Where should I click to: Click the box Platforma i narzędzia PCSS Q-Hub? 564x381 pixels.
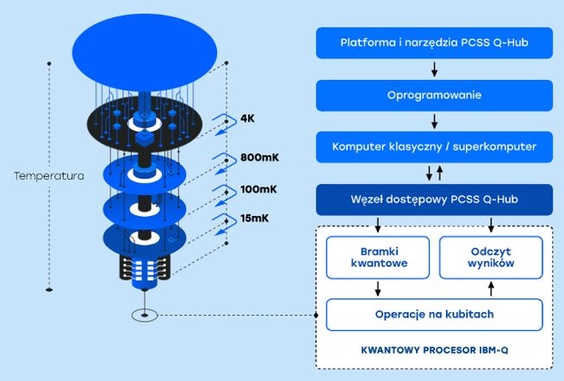click(434, 42)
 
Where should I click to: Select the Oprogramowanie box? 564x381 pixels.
click(434, 95)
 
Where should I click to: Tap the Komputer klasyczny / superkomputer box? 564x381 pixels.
click(434, 146)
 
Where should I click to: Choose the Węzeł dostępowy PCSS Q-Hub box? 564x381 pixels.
click(434, 200)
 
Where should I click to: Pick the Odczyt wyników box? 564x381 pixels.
click(492, 257)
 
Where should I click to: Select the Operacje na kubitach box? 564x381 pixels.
click(434, 314)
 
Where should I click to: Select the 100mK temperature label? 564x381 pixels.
click(257, 189)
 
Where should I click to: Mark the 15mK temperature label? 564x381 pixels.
click(254, 219)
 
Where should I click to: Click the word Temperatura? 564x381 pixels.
click(49, 176)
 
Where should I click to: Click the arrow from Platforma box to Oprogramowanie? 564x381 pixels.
click(434, 69)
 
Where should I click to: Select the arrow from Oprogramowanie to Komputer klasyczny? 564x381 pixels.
click(434, 120)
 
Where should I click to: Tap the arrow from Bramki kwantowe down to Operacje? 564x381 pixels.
click(377, 288)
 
